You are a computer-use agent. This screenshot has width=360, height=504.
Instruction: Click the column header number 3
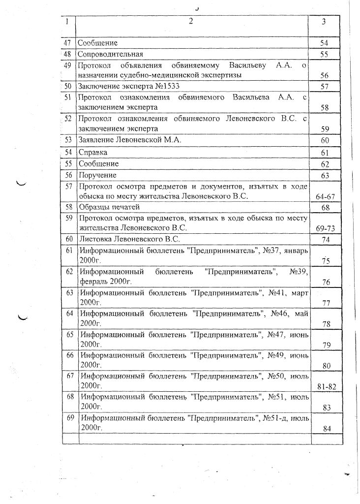tap(324, 22)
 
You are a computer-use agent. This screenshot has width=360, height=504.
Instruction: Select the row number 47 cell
tap(68, 43)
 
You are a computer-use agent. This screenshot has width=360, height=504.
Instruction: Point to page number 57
tap(324, 87)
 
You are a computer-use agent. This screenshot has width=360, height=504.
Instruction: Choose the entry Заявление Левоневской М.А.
tap(130, 140)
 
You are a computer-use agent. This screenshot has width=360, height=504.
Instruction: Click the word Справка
tap(93, 153)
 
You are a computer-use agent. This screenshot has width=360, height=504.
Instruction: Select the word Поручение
tap(97, 175)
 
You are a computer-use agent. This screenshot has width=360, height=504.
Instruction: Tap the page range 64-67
tap(325, 197)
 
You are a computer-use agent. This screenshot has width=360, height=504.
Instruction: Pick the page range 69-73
tap(325, 229)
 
